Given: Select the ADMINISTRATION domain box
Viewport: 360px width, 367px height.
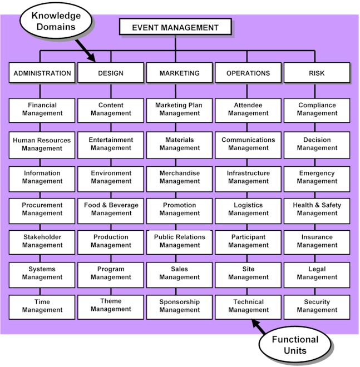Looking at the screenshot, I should tap(42, 73).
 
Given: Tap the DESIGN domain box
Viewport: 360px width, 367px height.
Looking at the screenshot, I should tap(111, 73).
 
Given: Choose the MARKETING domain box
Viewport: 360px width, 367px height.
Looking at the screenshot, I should tap(179, 73).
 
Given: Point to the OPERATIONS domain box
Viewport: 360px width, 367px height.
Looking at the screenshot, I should tap(248, 73).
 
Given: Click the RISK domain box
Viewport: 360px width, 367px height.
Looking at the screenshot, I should tap(317, 73).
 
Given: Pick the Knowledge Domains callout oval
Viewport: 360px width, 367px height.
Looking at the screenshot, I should tap(53, 22).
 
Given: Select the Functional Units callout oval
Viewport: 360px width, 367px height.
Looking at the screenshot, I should tap(294, 345).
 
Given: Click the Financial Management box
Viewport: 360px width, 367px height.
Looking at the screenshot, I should tap(42, 110).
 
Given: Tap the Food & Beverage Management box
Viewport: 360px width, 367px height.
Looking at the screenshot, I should tap(111, 209).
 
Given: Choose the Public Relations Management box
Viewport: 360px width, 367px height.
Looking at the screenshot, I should tap(179, 241).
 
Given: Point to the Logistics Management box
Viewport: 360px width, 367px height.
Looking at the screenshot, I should tap(248, 209).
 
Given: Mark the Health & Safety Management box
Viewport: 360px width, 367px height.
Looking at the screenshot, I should tap(317, 209).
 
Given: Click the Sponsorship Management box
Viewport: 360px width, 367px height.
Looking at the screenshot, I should tap(179, 306).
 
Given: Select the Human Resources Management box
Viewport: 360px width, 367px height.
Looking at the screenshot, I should tap(42, 145).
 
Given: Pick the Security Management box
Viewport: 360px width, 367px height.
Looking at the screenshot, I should tap(317, 306).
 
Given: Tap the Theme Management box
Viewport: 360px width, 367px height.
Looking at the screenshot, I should tap(111, 306).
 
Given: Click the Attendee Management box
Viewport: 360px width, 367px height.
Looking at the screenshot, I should tap(248, 110).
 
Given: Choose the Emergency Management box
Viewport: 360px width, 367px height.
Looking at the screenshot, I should tap(317, 177).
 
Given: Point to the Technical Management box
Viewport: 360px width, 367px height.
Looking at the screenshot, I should tap(248, 306).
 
